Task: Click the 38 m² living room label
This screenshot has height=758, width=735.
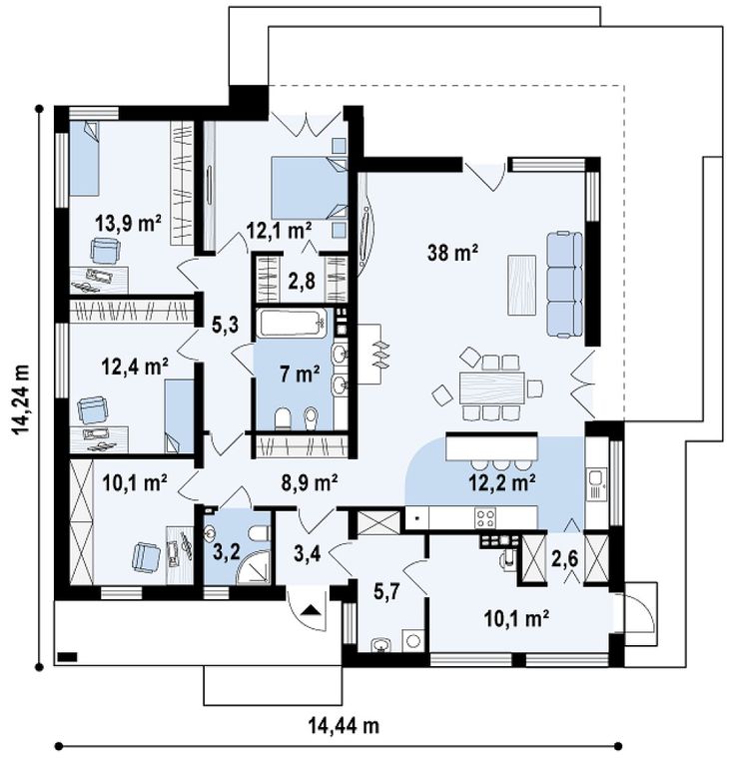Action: click(453, 252)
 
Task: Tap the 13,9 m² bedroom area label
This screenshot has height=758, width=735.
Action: click(129, 224)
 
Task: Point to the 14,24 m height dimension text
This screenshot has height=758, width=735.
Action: click(21, 399)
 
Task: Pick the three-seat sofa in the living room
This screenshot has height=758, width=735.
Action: click(565, 284)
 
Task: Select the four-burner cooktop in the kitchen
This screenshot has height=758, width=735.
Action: click(485, 517)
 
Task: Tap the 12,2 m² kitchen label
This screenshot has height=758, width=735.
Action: click(503, 482)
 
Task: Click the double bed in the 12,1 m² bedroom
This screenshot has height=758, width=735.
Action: click(310, 187)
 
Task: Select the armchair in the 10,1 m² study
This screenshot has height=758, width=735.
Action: click(146, 556)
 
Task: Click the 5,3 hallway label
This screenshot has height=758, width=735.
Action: click(226, 325)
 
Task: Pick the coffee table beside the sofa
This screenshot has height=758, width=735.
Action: click(521, 285)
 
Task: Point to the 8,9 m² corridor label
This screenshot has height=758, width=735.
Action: click(310, 482)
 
